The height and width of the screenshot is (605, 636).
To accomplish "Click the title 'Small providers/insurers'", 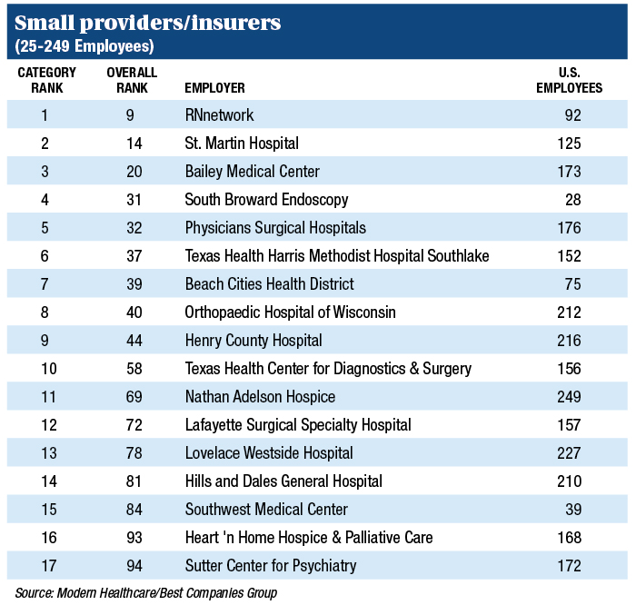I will click(x=146, y=23).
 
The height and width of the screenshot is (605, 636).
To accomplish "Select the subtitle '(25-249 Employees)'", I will click(x=84, y=45).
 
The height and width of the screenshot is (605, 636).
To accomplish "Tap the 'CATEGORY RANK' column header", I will click(x=46, y=80).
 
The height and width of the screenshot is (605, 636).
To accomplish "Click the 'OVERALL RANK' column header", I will click(x=132, y=80).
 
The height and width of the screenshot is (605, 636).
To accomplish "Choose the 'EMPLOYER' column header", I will click(x=214, y=88).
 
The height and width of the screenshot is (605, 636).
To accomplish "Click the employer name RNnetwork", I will click(x=219, y=115).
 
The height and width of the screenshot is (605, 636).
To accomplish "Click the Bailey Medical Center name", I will click(x=252, y=172).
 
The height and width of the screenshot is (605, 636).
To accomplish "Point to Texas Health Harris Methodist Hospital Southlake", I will click(x=336, y=256).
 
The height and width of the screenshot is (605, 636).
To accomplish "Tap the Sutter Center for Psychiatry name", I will click(x=271, y=566).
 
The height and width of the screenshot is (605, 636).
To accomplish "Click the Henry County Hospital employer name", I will click(x=253, y=341).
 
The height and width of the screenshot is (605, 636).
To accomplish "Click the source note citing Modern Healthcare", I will click(x=145, y=593).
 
